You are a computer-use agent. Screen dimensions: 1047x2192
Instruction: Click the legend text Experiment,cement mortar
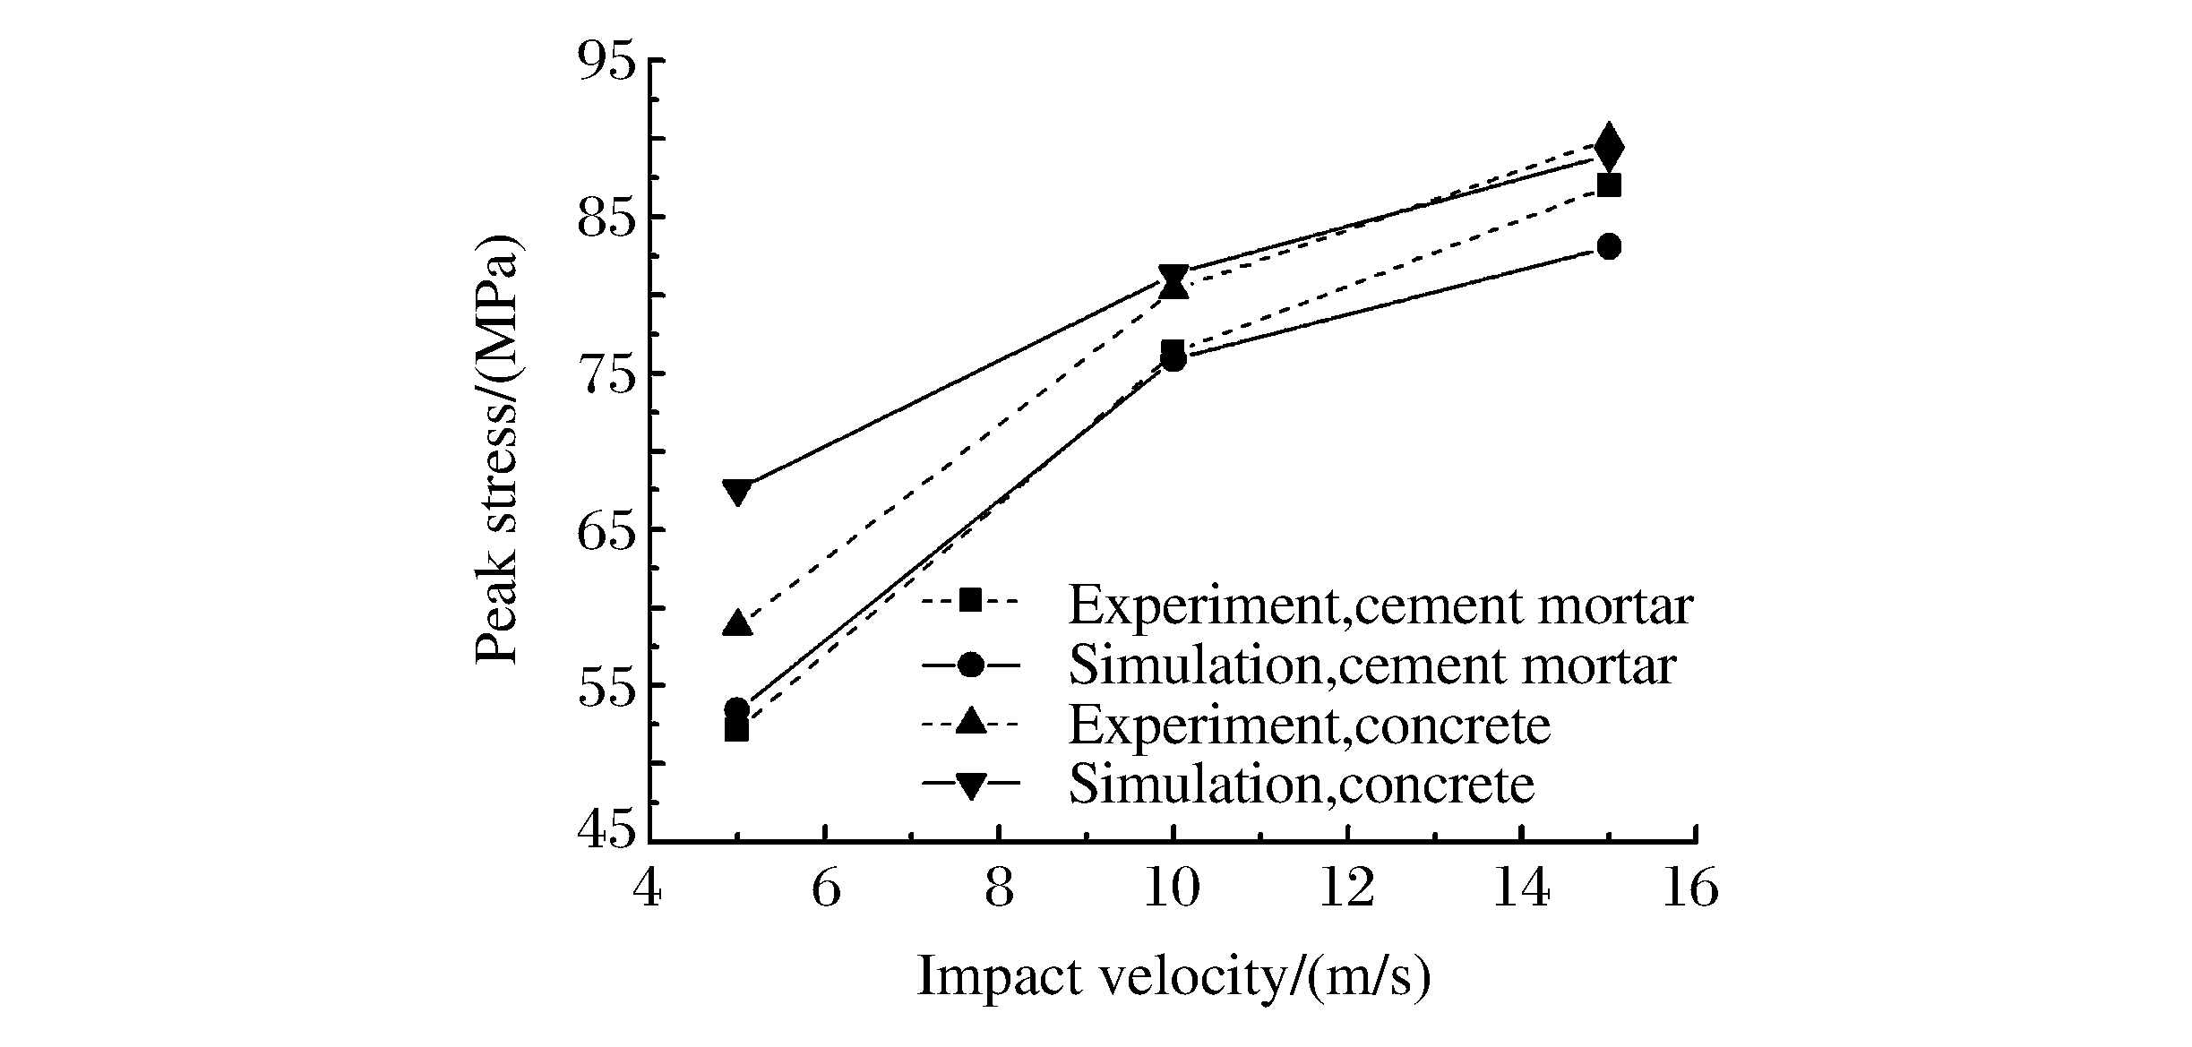[1380, 605]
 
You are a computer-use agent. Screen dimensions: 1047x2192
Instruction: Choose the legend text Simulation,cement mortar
[1371, 665]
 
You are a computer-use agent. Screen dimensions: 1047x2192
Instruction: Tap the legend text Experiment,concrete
[1309, 725]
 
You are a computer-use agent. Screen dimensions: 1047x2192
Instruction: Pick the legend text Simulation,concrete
[1301, 785]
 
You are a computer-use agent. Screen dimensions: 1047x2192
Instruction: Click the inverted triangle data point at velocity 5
[737, 492]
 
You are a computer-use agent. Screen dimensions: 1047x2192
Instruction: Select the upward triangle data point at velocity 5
[737, 622]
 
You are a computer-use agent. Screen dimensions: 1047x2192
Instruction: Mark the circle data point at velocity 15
[1609, 246]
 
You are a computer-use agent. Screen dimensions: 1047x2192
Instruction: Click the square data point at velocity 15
[1609, 185]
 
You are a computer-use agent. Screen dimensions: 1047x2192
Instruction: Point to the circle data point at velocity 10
[1173, 359]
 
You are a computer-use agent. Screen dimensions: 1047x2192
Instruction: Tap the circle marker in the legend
[970, 665]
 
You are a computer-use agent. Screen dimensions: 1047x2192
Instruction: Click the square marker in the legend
[970, 599]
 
